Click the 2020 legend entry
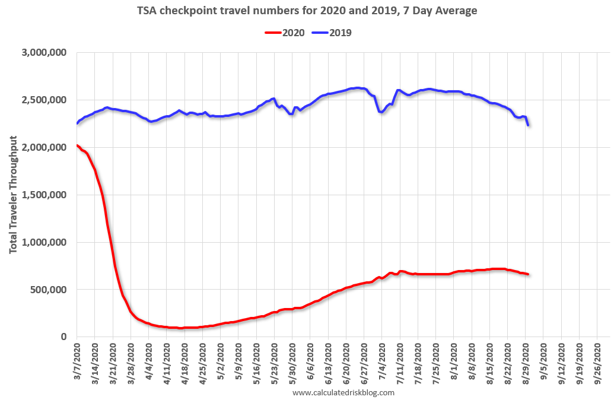pyautogui.click(x=284, y=33)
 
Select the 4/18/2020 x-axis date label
pyautogui.click(x=184, y=362)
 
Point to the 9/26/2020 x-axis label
pyautogui.click(x=597, y=362)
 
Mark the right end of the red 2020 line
pyautogui.click(x=528, y=274)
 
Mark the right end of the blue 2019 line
pyautogui.click(x=528, y=125)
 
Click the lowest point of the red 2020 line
pyautogui.click(x=182, y=328)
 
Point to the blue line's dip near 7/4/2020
pyautogui.click(x=381, y=112)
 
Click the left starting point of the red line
pyautogui.click(x=77, y=145)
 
